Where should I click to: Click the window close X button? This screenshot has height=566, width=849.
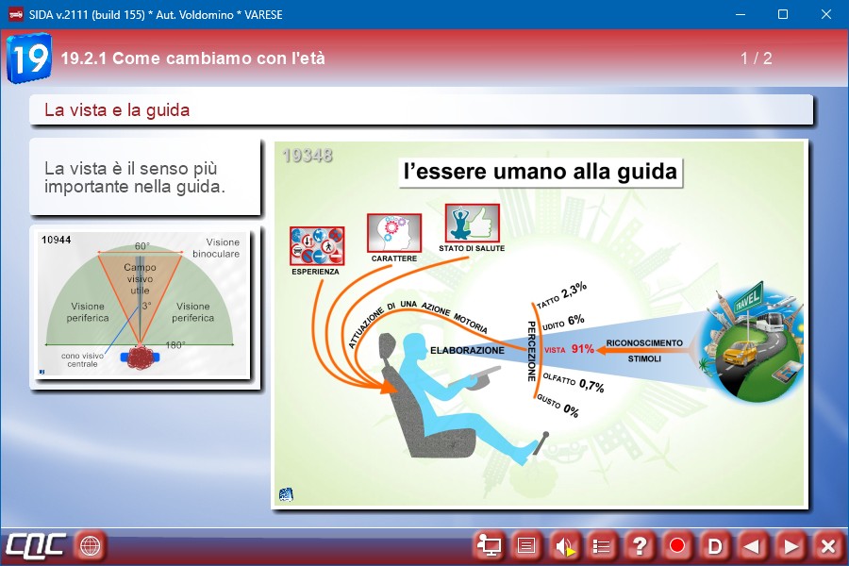click(x=825, y=15)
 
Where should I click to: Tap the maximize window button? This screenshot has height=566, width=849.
click(x=783, y=15)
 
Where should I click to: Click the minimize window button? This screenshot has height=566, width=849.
click(x=741, y=15)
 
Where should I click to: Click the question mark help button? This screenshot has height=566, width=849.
click(x=639, y=545)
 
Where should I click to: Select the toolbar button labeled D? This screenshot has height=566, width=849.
click(x=715, y=546)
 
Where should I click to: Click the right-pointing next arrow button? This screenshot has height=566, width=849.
click(x=791, y=546)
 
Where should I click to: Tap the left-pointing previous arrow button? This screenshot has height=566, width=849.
click(x=752, y=546)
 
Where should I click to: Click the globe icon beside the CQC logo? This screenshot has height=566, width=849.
click(x=90, y=545)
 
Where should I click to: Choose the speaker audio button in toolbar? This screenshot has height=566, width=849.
click(x=565, y=546)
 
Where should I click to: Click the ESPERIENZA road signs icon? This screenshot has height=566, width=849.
click(x=317, y=245)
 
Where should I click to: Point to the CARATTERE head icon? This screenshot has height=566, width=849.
click(x=393, y=233)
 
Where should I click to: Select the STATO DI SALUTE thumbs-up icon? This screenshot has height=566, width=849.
click(x=473, y=224)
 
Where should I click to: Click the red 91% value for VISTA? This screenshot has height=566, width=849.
click(x=583, y=349)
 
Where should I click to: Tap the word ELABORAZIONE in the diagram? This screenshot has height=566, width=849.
click(x=467, y=350)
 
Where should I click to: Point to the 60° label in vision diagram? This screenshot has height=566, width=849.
click(x=141, y=246)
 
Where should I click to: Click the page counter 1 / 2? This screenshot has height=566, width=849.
click(x=756, y=58)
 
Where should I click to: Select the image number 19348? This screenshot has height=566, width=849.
click(x=307, y=156)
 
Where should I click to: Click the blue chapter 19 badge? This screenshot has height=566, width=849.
click(x=29, y=58)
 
